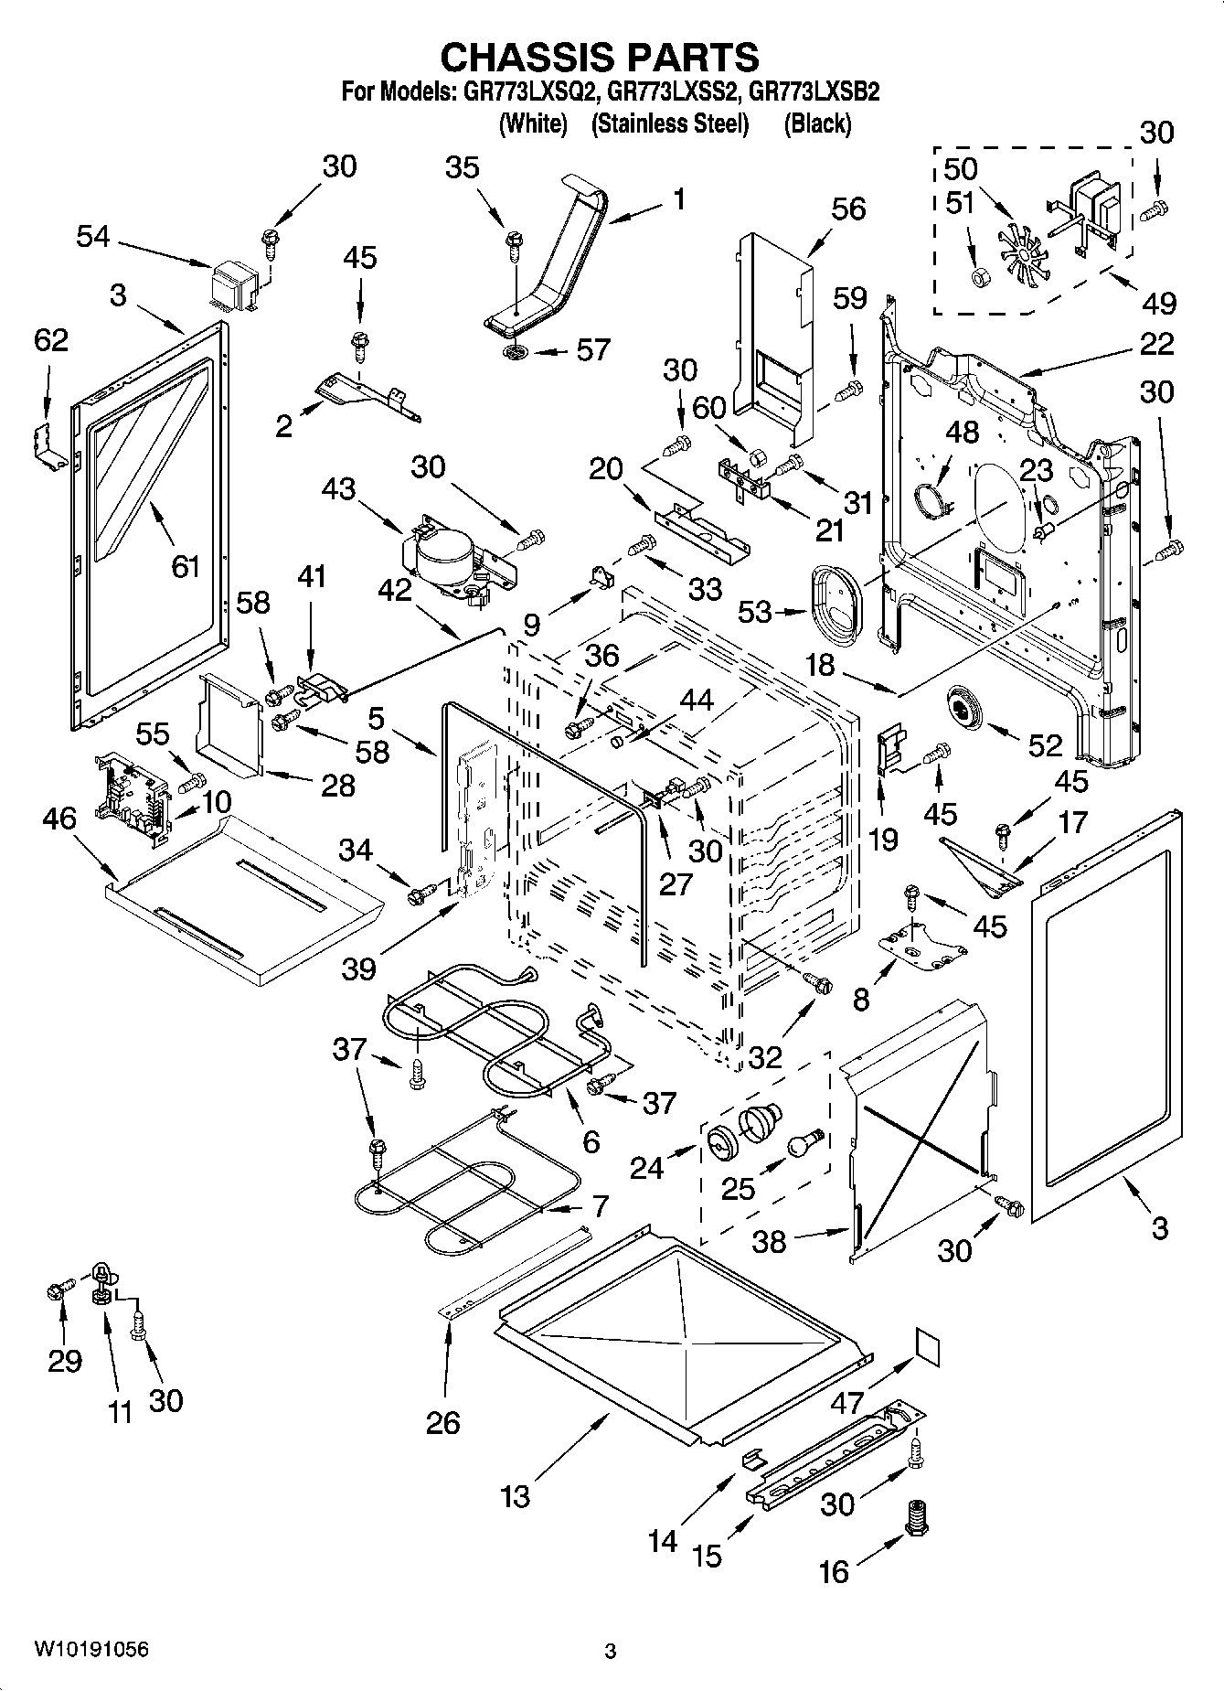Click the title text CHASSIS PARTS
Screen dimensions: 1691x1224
[600, 57]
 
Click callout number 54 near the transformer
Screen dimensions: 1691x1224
[93, 237]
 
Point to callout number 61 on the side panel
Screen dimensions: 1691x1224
[185, 566]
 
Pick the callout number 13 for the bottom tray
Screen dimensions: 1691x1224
[515, 1496]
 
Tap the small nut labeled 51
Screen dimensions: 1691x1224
[977, 276]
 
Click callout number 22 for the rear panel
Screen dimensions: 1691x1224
[1156, 345]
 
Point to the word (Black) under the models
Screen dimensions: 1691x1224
[817, 123]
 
